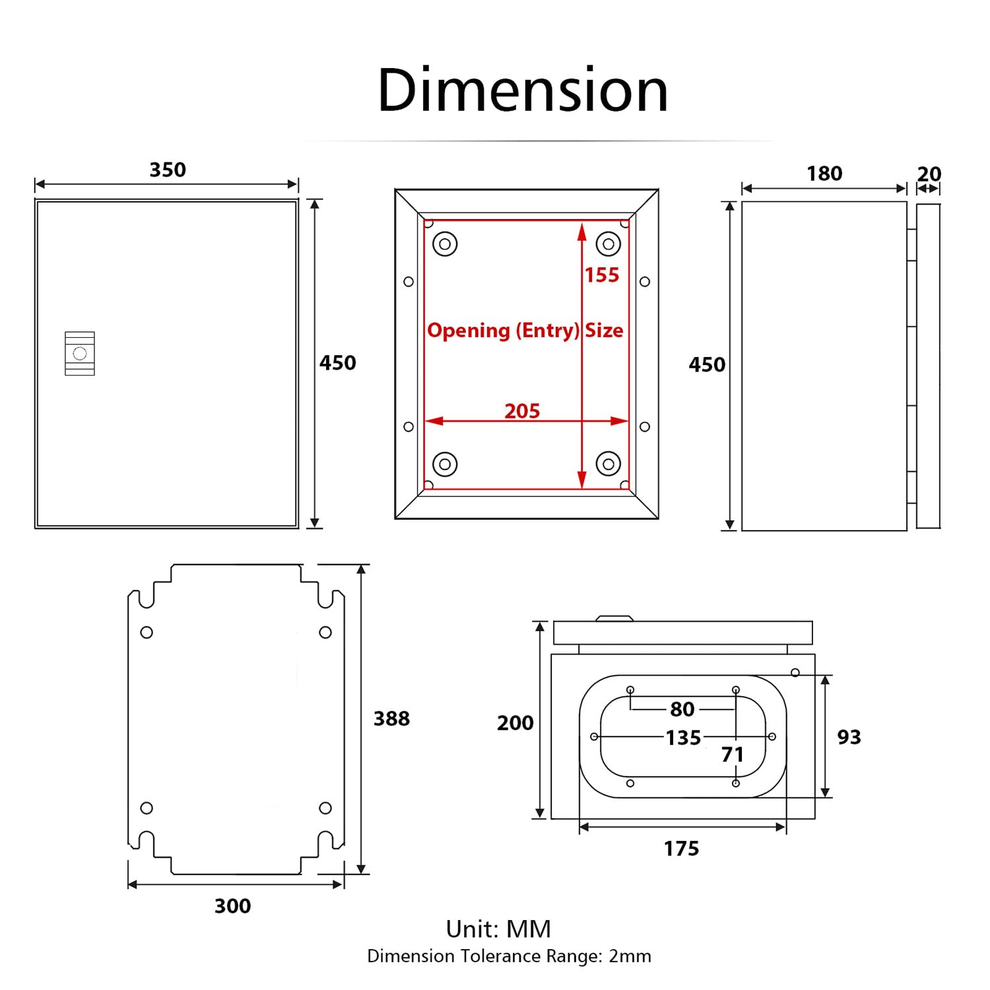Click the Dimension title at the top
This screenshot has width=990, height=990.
coord(523,90)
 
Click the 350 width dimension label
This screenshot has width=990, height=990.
coord(168,170)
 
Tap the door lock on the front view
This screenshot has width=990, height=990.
coord(80,354)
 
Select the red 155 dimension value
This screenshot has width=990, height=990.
coord(602,275)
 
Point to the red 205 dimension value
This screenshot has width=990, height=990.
coord(522,411)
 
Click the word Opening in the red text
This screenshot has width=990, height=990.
coord(469,331)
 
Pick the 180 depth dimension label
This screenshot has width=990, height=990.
coord(824,174)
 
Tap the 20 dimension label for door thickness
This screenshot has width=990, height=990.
coord(929,174)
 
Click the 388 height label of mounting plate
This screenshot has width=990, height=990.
coord(391,719)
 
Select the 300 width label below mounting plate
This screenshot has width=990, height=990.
coord(232,906)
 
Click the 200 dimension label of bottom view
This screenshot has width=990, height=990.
coord(515,723)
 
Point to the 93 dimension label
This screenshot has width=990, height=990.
coord(849,737)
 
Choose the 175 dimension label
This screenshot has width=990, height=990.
coord(681,849)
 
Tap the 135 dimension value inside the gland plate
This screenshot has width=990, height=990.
coord(682,738)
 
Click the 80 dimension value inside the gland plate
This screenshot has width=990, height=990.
coord(682,709)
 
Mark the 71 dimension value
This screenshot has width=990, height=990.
coord(732,754)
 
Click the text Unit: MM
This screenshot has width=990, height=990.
coord(498,929)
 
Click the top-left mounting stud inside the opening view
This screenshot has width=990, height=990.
coord(445,244)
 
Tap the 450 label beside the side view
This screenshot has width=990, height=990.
coord(707,365)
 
